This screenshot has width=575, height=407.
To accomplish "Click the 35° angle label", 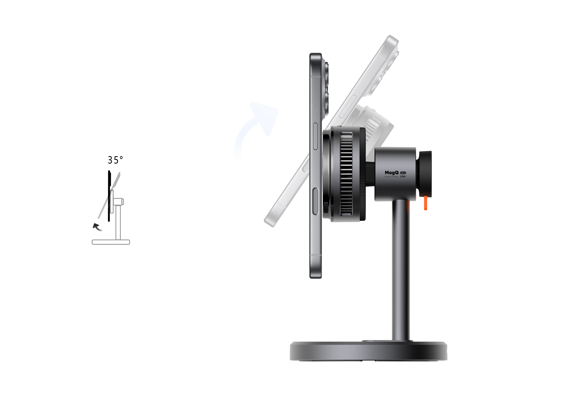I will tap(115, 160).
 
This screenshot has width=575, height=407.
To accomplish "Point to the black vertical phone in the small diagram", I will tap(109, 196).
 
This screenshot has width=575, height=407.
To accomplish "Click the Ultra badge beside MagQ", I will tap(403, 173).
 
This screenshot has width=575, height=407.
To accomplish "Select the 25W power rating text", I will tap(403, 177).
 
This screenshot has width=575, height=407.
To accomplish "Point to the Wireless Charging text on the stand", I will tap(391, 177).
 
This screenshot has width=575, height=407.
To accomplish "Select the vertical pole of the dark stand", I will tap(401, 271).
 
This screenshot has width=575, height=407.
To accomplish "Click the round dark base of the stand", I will tap(368, 351).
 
